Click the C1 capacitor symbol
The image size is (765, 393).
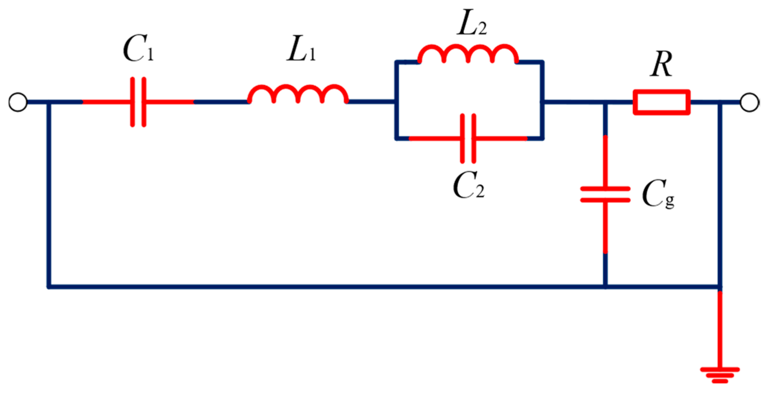pos(138,102)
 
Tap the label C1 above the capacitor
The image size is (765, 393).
pos(138,49)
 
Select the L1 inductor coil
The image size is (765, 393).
pos(298,94)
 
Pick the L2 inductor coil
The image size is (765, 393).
pos(468,55)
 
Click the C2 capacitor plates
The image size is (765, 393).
pos(468,139)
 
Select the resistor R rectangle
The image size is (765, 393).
pos(662,102)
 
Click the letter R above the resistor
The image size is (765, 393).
pos(662,65)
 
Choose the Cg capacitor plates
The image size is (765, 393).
pos(605,194)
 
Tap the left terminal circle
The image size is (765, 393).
pos(18,102)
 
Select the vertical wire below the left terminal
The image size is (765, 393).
pos(49,193)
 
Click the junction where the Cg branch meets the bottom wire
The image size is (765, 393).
pos(605,287)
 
